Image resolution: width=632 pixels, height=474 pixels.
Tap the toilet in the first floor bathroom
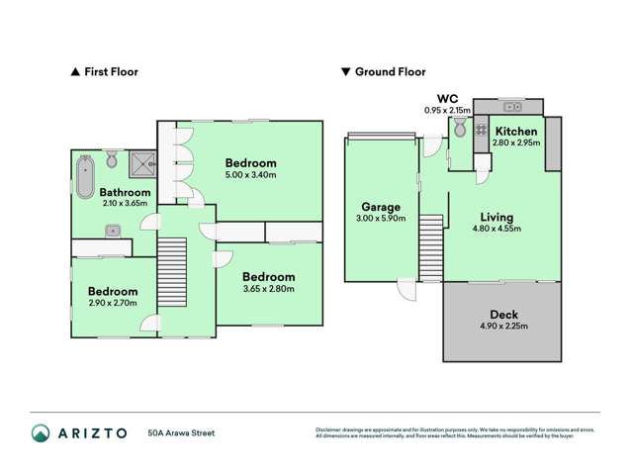[113, 159]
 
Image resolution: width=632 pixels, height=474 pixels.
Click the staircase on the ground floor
[430, 248]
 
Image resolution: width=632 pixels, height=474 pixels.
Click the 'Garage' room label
[381, 207]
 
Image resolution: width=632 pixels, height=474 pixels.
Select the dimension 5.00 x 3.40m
[250, 175]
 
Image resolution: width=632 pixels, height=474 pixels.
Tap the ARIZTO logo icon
[41, 432]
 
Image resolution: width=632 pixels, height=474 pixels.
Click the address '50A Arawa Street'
[181, 432]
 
